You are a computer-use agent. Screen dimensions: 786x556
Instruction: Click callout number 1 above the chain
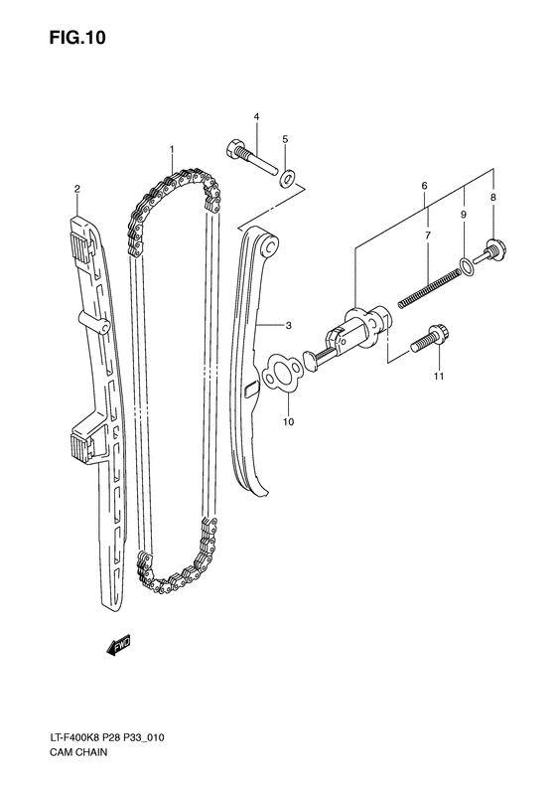(171, 150)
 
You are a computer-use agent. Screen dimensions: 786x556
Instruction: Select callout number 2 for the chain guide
(76, 189)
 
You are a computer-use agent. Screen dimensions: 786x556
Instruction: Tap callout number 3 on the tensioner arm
(288, 325)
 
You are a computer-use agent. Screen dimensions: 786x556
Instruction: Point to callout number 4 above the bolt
(256, 117)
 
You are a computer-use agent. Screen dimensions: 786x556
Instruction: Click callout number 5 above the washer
(285, 139)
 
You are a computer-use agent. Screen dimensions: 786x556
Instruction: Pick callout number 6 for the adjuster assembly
(424, 186)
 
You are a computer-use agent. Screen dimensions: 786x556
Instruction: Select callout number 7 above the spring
(427, 236)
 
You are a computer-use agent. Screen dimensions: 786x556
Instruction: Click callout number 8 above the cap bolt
(492, 199)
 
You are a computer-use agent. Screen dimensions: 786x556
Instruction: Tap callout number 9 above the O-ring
(462, 214)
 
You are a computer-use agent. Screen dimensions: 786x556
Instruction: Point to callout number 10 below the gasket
(289, 422)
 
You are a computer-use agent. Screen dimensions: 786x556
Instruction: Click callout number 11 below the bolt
(437, 377)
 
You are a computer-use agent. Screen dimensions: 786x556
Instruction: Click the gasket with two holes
(280, 380)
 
